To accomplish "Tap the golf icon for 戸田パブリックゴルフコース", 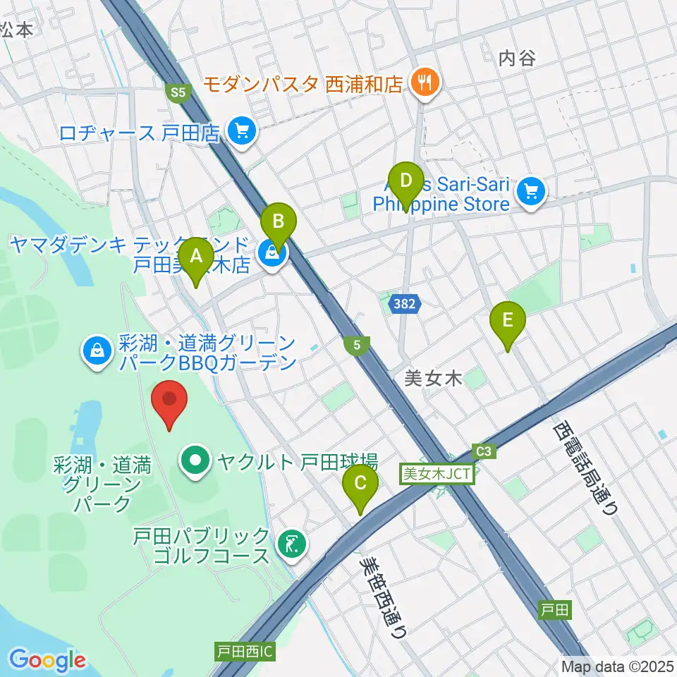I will tap(292, 544).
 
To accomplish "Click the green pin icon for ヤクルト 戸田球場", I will tap(195, 462).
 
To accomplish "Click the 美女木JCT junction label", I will tap(438, 474).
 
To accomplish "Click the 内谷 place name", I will tap(517, 58).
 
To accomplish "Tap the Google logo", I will tap(47, 659).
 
